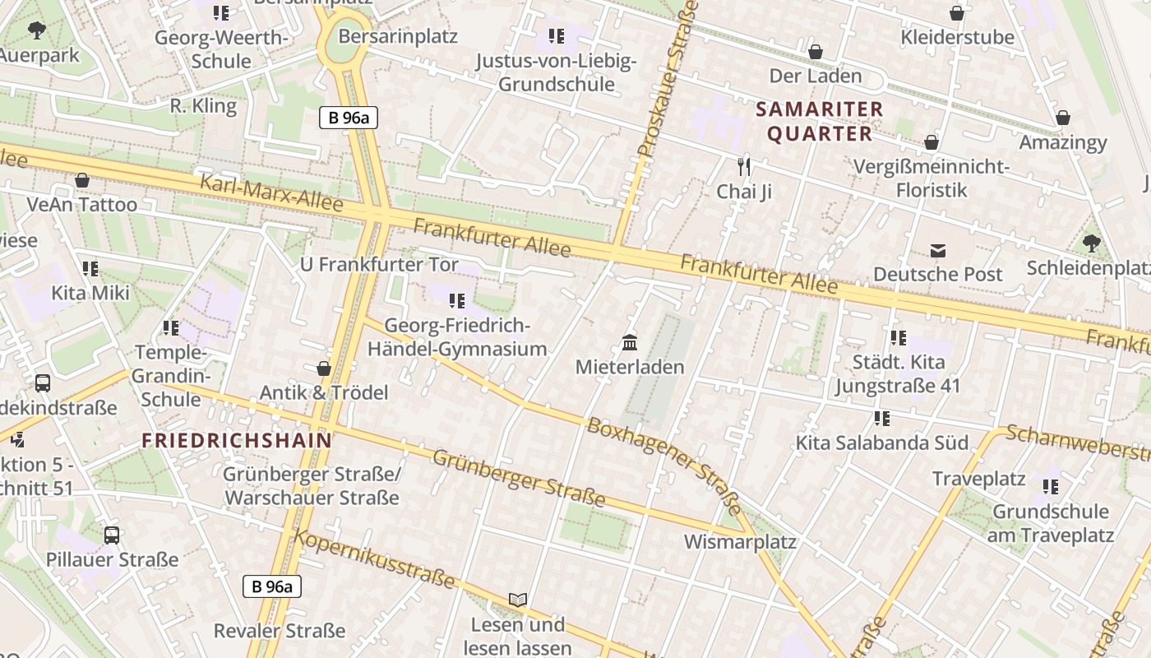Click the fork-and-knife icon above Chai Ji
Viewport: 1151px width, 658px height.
pos(744,167)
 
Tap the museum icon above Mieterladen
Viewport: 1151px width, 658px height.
pos(630,342)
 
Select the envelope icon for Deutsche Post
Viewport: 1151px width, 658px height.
pos(938,250)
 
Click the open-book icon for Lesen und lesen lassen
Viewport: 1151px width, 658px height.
pos(517,600)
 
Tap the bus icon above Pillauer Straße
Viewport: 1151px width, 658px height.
pos(112,535)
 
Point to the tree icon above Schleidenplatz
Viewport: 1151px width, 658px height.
pos(1092,243)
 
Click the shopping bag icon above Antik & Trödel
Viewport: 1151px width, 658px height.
pos(324,368)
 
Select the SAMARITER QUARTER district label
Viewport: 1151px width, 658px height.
pos(820,121)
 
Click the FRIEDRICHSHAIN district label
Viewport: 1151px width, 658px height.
pos(237,440)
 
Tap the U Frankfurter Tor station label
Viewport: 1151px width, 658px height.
pos(379,264)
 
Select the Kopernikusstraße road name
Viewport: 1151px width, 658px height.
pos(374,559)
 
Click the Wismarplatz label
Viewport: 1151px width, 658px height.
pos(740,542)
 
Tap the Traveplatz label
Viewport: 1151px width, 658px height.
pos(978,479)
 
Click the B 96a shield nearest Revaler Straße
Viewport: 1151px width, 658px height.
pos(272,586)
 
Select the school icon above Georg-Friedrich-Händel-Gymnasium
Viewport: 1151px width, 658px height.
pos(457,301)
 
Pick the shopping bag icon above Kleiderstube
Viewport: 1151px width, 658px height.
pos(957,13)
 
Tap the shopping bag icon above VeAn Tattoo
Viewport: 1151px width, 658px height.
pos(82,180)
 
